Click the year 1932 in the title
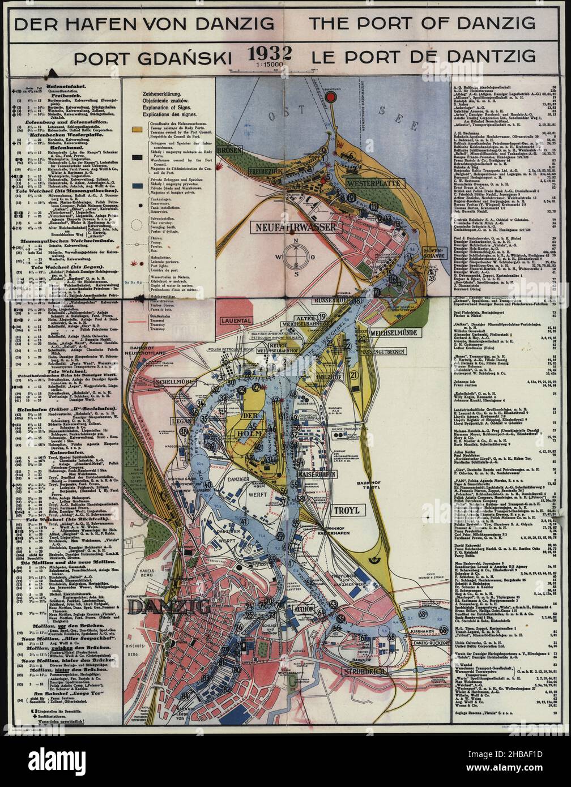(269, 54)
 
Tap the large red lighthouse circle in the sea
(333, 97)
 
